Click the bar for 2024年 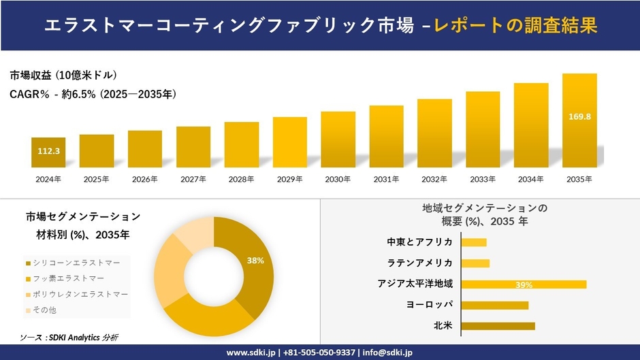(x=48, y=152)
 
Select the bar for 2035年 (x=579, y=120)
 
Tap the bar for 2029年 (x=290, y=142)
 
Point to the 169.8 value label (x=579, y=117)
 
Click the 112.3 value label (x=48, y=151)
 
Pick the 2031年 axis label (x=386, y=179)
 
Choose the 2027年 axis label (x=193, y=179)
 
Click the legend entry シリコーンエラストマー (x=76, y=262)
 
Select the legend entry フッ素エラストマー (x=68, y=278)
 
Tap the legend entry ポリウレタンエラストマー (x=80, y=294)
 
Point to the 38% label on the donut (x=255, y=261)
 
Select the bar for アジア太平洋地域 (x=524, y=284)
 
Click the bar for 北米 (x=498, y=326)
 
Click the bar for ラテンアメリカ (x=475, y=263)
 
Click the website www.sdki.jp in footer (x=251, y=353)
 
